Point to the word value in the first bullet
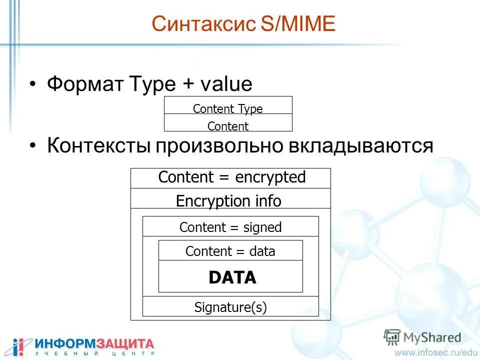tap(226, 84)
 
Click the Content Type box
tap(228, 108)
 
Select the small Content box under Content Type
tap(228, 125)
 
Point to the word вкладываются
tap(360, 145)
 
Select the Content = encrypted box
tap(231, 178)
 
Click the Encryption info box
tap(229, 201)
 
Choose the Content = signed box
tap(230, 227)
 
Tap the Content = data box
tap(230, 251)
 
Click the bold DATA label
tap(232, 277)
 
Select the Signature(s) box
tap(230, 307)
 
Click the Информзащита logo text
tap(94, 344)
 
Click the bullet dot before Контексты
tap(33, 146)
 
